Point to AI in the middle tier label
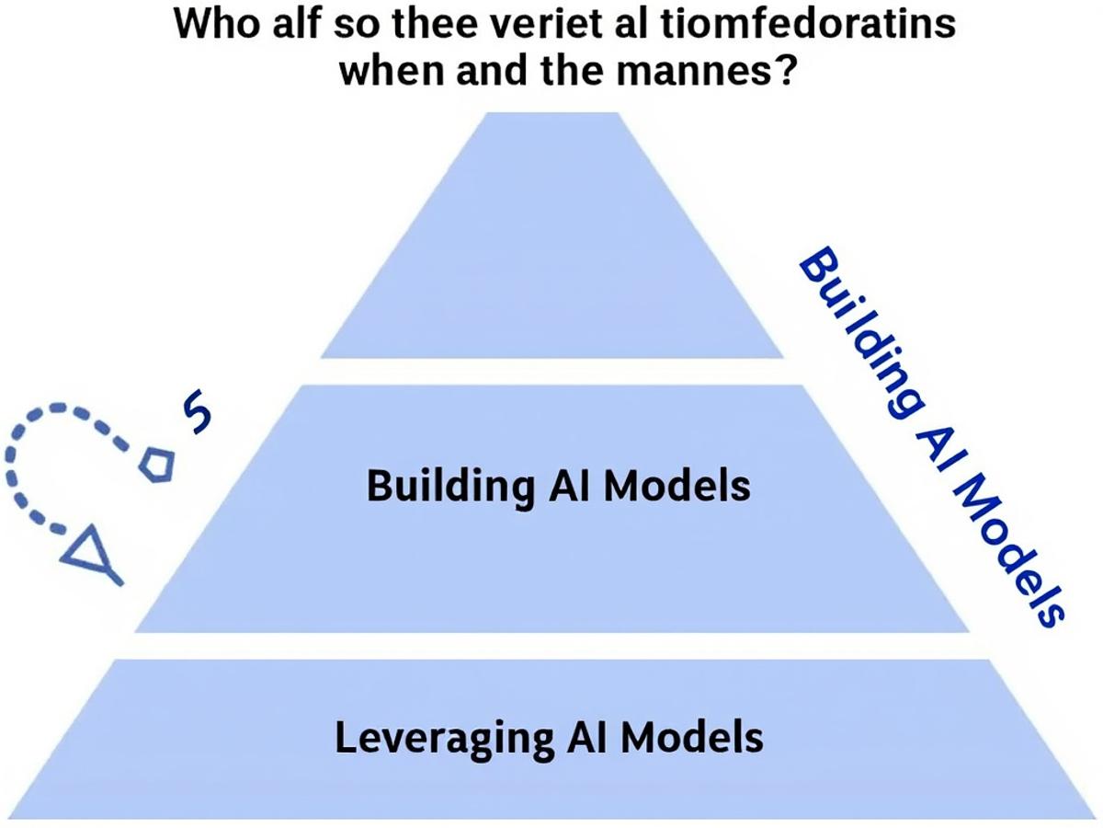[x=572, y=485]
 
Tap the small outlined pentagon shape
[x=155, y=464]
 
